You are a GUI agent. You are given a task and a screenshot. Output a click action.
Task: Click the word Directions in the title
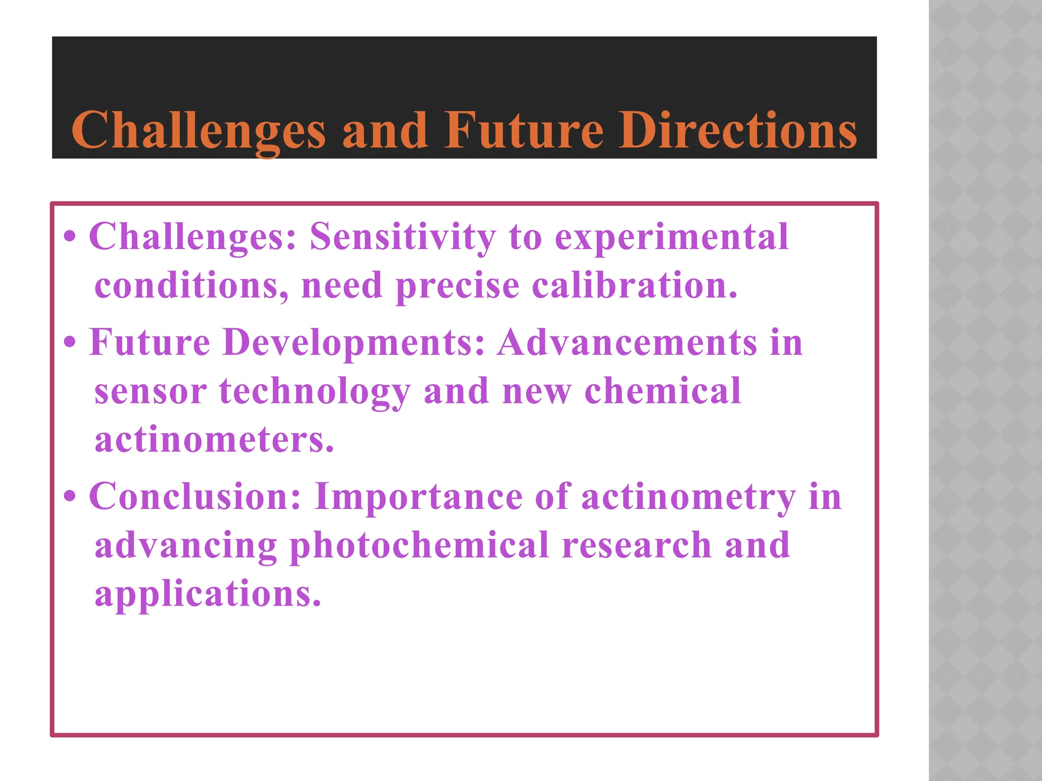click(x=738, y=131)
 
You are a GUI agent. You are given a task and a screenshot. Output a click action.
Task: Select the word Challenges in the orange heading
click(x=198, y=132)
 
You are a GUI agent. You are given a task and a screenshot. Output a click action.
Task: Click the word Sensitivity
click(x=402, y=237)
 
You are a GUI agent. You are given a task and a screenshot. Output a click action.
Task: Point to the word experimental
click(x=672, y=237)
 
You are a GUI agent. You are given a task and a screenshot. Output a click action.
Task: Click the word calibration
click(x=634, y=285)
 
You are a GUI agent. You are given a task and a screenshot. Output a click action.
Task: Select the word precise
click(x=457, y=286)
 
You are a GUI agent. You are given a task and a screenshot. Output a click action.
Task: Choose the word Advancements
click(x=627, y=342)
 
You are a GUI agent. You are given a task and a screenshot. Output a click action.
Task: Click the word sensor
click(x=151, y=392)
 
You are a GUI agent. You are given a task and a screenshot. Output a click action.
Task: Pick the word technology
click(x=314, y=392)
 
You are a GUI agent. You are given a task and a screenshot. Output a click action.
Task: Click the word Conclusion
click(x=195, y=496)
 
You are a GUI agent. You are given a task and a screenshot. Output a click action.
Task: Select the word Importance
click(x=418, y=497)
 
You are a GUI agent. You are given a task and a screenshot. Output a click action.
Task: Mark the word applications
click(x=208, y=594)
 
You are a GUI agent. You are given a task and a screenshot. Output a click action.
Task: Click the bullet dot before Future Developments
click(x=70, y=343)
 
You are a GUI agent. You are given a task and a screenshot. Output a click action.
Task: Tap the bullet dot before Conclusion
click(x=70, y=496)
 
